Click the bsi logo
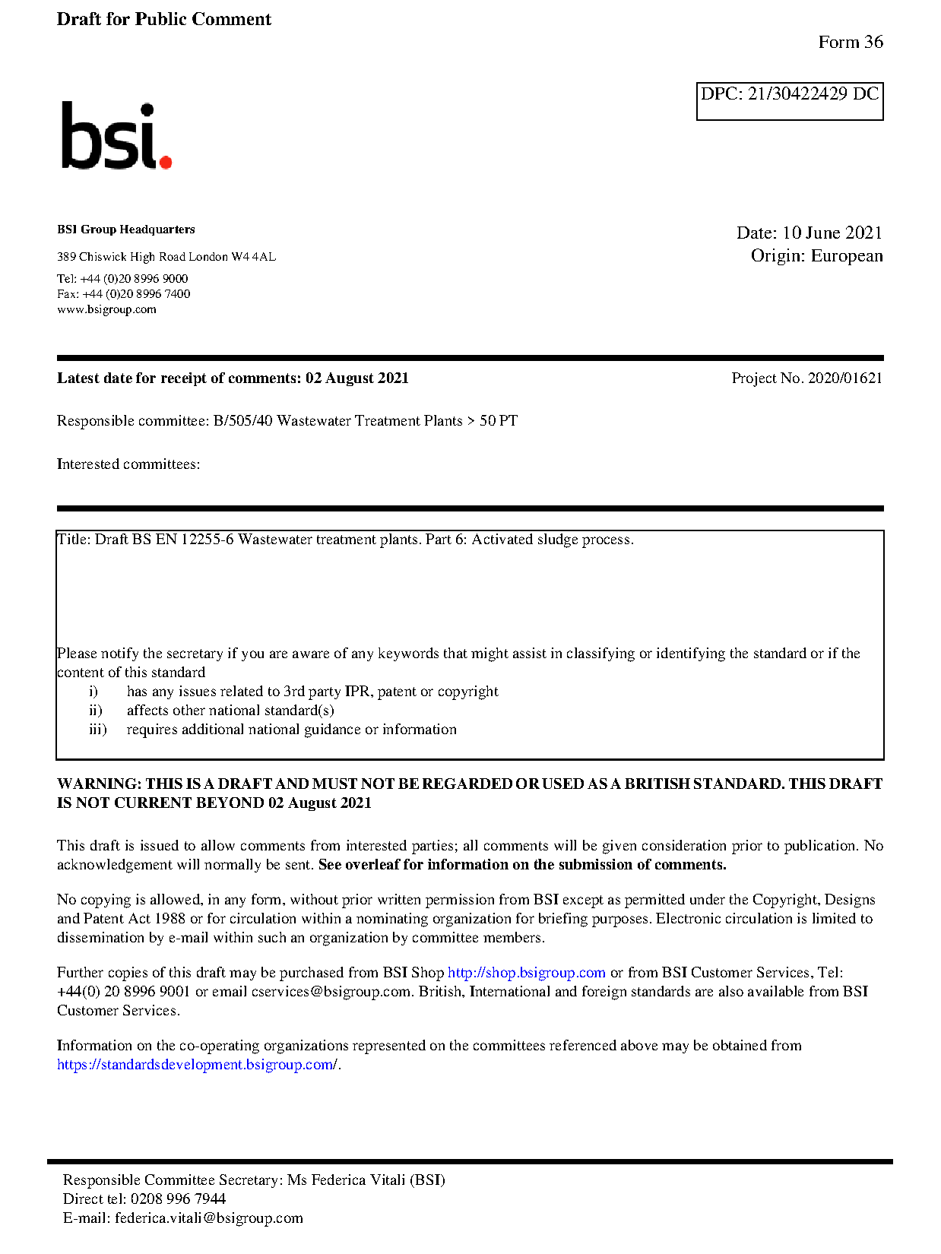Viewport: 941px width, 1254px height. pos(116,136)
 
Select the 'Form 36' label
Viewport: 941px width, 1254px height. pos(850,43)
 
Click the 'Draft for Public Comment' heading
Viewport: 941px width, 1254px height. pos(163,20)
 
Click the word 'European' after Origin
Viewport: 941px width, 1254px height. pos(846,255)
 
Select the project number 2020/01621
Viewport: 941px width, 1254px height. pos(844,378)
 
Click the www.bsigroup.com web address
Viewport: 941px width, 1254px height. pos(106,309)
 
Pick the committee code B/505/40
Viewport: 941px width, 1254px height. pos(242,421)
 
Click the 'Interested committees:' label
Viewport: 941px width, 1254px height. pos(128,464)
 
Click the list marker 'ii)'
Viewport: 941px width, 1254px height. pos(96,711)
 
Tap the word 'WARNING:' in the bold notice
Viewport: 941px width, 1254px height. pos(99,784)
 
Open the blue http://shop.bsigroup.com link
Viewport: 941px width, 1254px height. pos(526,973)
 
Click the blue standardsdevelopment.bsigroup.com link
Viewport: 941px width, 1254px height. pos(197,1065)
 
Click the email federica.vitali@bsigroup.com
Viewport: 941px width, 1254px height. pos(208,1218)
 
